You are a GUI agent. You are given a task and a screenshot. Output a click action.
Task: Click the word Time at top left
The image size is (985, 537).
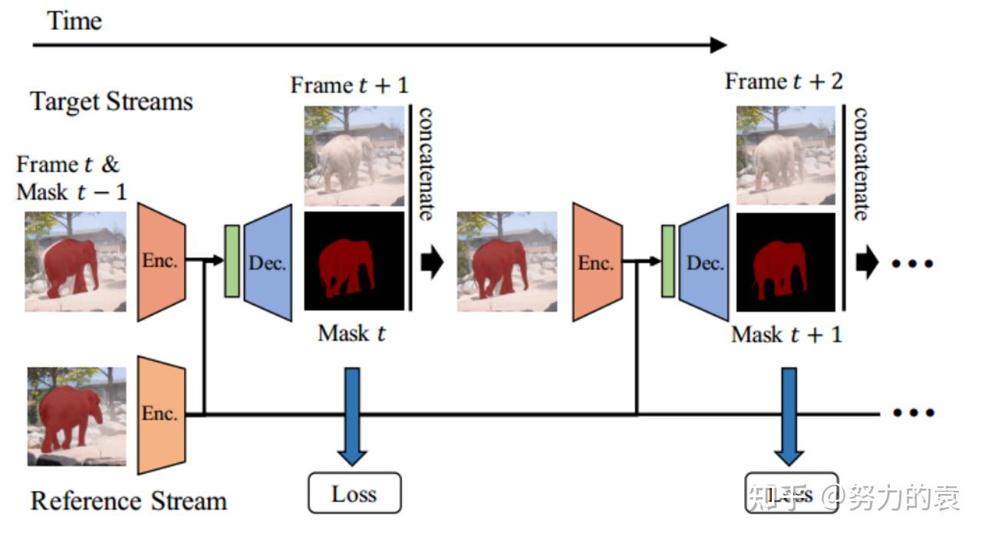[74, 20]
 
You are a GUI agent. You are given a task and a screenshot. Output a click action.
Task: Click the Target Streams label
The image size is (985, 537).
[111, 101]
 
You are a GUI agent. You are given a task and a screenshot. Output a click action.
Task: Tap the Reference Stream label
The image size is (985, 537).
[128, 501]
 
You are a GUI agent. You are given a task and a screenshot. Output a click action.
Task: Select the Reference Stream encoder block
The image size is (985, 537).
[161, 414]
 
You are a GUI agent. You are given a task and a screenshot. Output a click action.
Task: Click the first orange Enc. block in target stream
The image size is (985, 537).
[161, 261]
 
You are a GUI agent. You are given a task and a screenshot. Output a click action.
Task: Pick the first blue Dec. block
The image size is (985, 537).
[268, 262]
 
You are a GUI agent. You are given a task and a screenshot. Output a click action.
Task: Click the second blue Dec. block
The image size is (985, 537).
[704, 262]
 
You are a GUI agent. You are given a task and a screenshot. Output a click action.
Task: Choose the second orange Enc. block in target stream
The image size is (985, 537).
[596, 262]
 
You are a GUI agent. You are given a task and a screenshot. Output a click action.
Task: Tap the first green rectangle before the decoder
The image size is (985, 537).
[231, 261]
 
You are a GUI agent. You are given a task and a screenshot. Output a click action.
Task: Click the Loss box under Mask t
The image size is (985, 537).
[354, 493]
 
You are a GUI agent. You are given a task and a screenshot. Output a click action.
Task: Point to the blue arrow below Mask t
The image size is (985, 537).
[352, 415]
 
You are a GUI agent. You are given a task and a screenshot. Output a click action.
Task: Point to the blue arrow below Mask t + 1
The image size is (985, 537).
[788, 415]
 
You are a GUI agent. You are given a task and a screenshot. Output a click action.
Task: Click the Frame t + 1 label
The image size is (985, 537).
[349, 85]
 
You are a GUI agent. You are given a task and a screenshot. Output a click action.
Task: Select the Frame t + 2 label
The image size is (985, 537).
[783, 81]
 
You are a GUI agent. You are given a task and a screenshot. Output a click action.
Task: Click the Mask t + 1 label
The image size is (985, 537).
[786, 334]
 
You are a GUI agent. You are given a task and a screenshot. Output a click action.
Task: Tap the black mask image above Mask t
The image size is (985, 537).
[354, 261]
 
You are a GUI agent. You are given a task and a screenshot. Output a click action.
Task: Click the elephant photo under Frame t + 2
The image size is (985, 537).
[786, 155]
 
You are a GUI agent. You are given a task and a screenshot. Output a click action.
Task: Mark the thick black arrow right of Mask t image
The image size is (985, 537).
[432, 262]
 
